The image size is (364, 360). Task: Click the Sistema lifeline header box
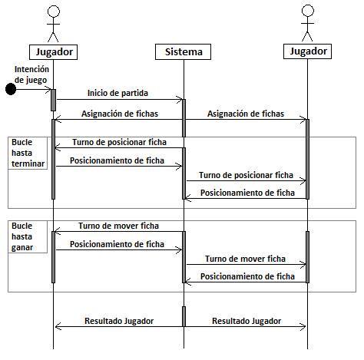click(183, 51)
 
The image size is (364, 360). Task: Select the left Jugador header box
click(53, 52)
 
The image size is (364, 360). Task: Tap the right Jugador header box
click(307, 51)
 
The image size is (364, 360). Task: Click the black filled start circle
click(11, 89)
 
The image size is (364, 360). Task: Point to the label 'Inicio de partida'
click(117, 93)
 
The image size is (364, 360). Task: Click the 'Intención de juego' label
click(31, 74)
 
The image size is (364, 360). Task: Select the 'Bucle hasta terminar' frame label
click(28, 153)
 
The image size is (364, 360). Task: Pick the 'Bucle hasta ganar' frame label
click(22, 236)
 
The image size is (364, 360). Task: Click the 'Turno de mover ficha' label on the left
click(118, 226)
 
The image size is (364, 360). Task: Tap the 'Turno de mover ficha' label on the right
click(245, 259)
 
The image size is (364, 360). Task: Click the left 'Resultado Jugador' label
click(119, 321)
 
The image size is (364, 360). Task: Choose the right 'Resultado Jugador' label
click(247, 321)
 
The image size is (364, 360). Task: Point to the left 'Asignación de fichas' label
click(120, 114)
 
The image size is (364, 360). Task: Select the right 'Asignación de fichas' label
click(246, 114)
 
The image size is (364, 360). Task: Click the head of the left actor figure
click(54, 12)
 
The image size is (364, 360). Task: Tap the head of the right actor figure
click(308, 11)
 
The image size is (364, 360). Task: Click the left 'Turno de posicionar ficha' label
click(119, 142)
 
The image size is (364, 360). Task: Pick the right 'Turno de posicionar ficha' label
click(246, 175)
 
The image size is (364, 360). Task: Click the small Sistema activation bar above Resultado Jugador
click(184, 316)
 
